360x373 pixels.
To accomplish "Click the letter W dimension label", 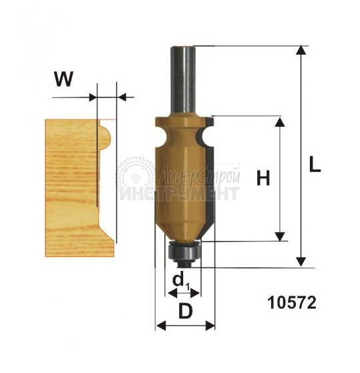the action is coord(63,79).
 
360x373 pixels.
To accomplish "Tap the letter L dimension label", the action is coord(315,164).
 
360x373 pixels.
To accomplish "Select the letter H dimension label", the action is coord(263,178).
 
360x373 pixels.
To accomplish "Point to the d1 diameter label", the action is coord(181,282).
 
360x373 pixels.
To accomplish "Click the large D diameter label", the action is coord(186,311).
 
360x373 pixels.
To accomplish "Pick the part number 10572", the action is coord(292,303).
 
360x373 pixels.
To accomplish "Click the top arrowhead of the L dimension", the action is coord(301,51).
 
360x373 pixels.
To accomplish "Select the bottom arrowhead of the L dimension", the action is coord(301,262).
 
